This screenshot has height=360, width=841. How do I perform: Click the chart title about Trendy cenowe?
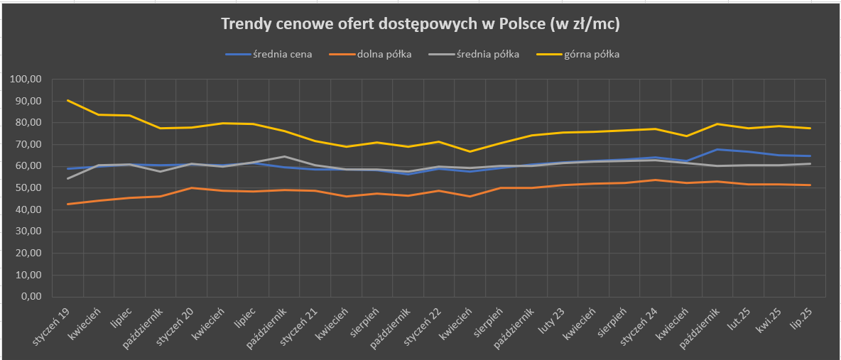click(x=420, y=25)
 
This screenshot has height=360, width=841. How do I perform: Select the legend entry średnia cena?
click(x=282, y=54)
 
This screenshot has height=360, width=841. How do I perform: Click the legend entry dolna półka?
click(x=385, y=54)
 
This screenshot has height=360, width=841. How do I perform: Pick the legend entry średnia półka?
click(x=488, y=54)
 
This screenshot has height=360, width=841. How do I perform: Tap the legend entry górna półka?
click(x=592, y=54)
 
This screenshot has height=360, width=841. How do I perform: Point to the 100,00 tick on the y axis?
click(x=27, y=80)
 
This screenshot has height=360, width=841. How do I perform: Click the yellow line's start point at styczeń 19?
click(x=67, y=100)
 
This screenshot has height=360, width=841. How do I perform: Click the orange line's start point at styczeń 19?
click(x=67, y=204)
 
